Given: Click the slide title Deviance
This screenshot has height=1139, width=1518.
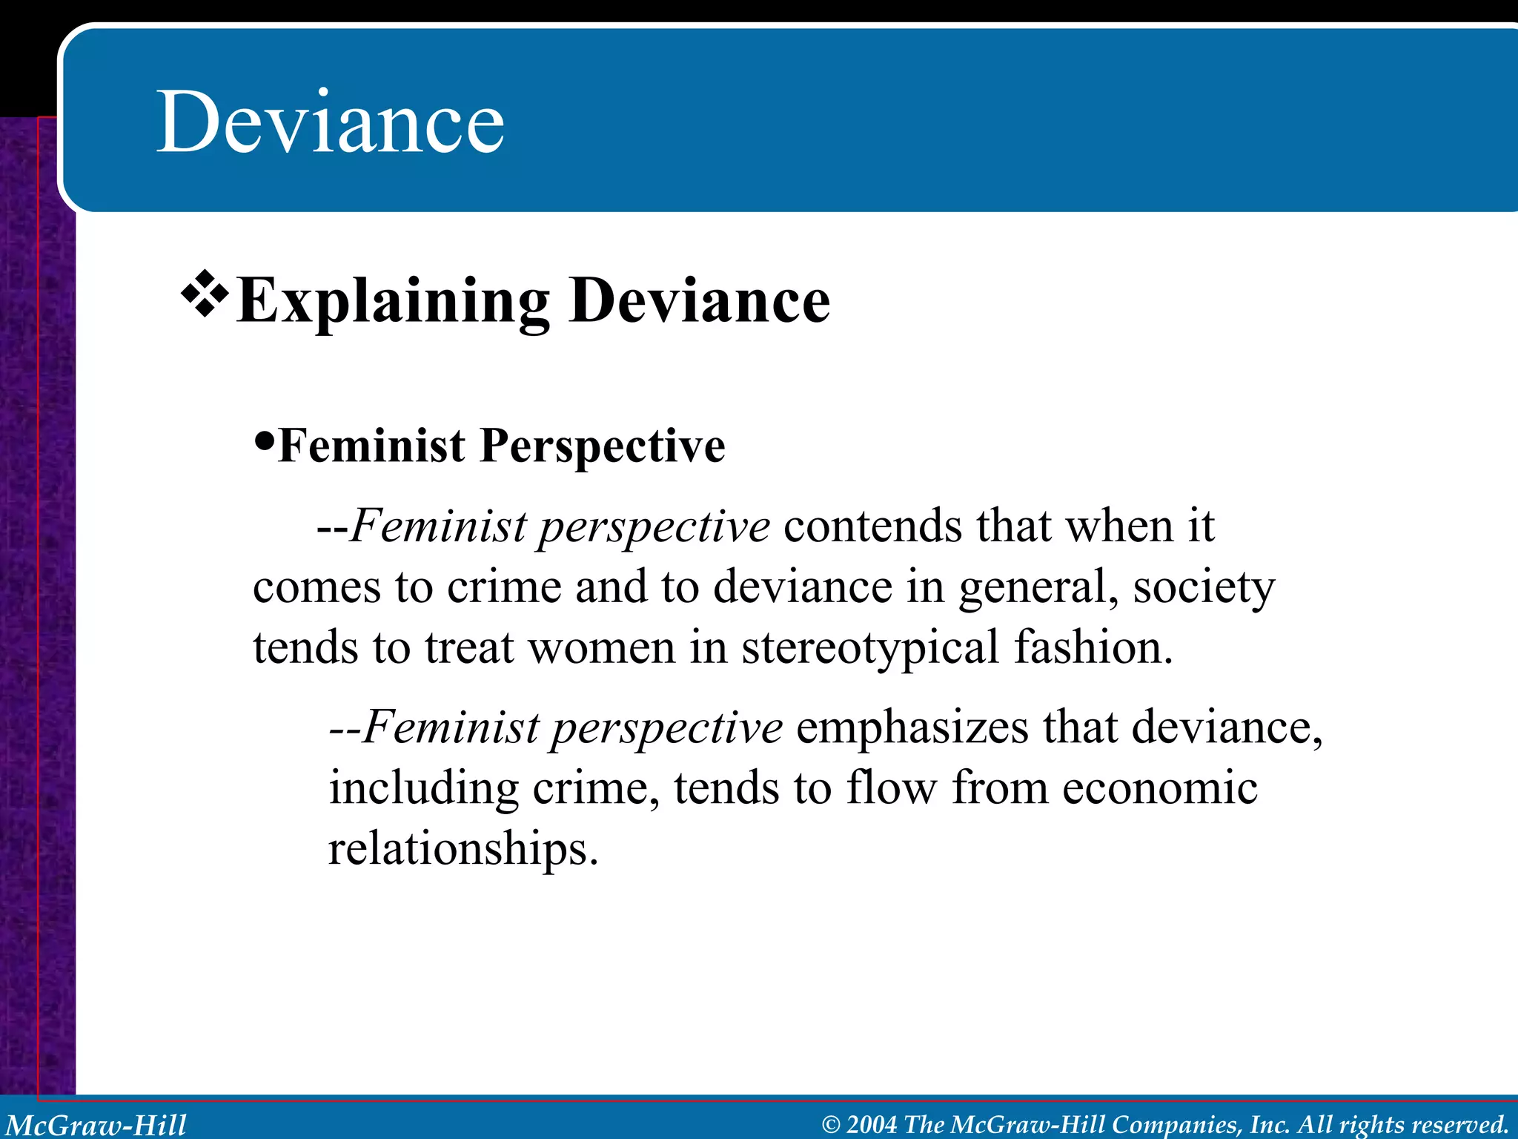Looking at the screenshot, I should pyautogui.click(x=331, y=122).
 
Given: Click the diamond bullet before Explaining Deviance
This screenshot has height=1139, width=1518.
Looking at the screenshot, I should pyautogui.click(x=205, y=295).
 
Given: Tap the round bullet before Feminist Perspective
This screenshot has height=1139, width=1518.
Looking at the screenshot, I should pyautogui.click(x=264, y=443).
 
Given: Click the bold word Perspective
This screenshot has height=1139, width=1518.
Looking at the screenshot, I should pyautogui.click(x=603, y=446).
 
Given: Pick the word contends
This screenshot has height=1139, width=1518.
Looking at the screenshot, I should pyautogui.click(x=872, y=526).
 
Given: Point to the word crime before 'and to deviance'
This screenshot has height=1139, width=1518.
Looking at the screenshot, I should pyautogui.click(x=504, y=587).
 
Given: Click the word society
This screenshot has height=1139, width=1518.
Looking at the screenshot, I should pyautogui.click(x=1204, y=587).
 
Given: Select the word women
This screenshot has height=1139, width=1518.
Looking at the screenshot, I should pyautogui.click(x=601, y=647).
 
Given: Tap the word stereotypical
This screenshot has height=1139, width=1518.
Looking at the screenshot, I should pyautogui.click(x=870, y=647).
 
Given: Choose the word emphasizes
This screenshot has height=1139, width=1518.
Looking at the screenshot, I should pyautogui.click(x=912, y=727).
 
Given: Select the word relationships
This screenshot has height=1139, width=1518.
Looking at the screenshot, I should pyautogui.click(x=463, y=848).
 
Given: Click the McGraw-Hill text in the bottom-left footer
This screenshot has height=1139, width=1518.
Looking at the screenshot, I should pyautogui.click(x=96, y=1124).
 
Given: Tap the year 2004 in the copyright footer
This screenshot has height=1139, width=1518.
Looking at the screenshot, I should pyautogui.click(x=872, y=1124).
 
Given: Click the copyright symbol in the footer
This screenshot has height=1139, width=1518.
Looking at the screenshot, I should pyautogui.click(x=831, y=1125).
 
